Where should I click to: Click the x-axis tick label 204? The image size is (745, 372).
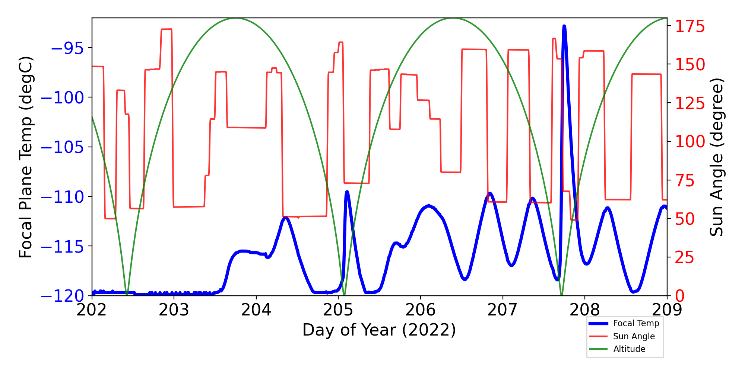[256, 310]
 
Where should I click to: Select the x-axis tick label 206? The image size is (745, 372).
[420, 310]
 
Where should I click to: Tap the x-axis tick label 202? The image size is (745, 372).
[92, 310]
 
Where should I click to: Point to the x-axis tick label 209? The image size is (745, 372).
[667, 310]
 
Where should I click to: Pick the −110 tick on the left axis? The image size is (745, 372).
[62, 197]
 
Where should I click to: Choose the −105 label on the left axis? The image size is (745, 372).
[62, 147]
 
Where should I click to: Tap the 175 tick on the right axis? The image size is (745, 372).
[690, 27]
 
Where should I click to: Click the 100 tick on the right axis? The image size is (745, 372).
[690, 141]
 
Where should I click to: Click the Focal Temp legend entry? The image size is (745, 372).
[636, 324]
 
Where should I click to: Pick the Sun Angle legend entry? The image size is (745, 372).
[634, 336]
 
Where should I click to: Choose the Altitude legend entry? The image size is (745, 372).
[629, 349]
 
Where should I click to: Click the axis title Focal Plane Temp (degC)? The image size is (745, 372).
[26, 157]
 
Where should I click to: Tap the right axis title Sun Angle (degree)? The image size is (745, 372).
[716, 157]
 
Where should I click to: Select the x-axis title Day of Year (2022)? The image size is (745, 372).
[379, 330]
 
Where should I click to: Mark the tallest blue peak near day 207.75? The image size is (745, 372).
[564, 26]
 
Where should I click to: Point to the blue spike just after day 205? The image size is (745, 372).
[347, 192]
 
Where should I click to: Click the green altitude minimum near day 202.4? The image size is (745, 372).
[127, 295]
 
